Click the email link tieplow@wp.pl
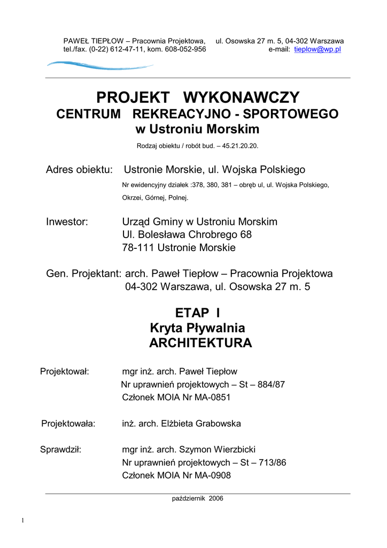pos(318,49)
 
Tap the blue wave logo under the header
pos(99,66)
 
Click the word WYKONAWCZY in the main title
pos(242,98)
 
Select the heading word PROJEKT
pos(133,98)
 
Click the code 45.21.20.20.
pos(241,146)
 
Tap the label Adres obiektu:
pos(79,170)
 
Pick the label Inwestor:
pos(67,222)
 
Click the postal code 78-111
pos(136,248)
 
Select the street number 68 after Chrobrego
pos(246,235)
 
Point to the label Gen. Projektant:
pos(84,274)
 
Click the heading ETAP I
pos(197,313)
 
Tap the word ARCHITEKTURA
pos(200,344)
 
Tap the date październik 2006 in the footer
pos(197,498)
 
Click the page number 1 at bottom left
pos(24,521)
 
